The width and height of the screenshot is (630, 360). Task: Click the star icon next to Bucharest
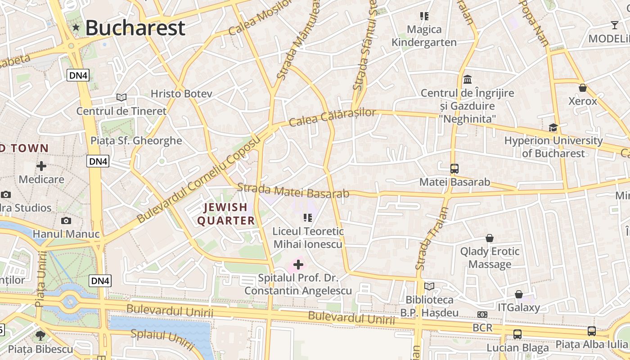tap(76, 28)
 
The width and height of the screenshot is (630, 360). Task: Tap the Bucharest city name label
tap(135, 28)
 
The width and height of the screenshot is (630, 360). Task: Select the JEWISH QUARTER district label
tap(226, 214)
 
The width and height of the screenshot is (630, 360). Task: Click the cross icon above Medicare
tap(41, 166)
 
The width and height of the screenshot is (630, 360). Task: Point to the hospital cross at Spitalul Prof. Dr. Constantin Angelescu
tap(298, 265)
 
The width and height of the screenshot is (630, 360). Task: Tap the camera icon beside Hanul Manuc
tap(66, 220)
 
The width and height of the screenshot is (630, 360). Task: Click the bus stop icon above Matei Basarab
tap(454, 169)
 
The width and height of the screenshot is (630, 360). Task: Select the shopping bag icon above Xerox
tap(583, 88)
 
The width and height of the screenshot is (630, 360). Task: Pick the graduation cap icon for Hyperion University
tap(553, 127)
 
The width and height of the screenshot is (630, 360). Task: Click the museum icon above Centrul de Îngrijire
tap(468, 80)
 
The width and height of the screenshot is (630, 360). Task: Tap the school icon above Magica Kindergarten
tap(424, 16)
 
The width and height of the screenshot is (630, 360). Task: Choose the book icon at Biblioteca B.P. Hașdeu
tap(429, 286)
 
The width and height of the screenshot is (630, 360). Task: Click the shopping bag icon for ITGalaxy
tap(519, 294)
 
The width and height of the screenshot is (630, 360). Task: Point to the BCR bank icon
tap(482, 315)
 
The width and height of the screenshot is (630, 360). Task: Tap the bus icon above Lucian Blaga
tap(517, 334)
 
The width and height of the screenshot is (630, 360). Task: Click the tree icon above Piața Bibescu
tap(40, 335)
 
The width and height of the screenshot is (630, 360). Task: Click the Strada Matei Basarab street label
tap(293, 190)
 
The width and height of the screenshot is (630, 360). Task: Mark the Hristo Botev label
tap(181, 94)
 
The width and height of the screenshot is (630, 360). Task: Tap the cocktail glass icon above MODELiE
tap(615, 25)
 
